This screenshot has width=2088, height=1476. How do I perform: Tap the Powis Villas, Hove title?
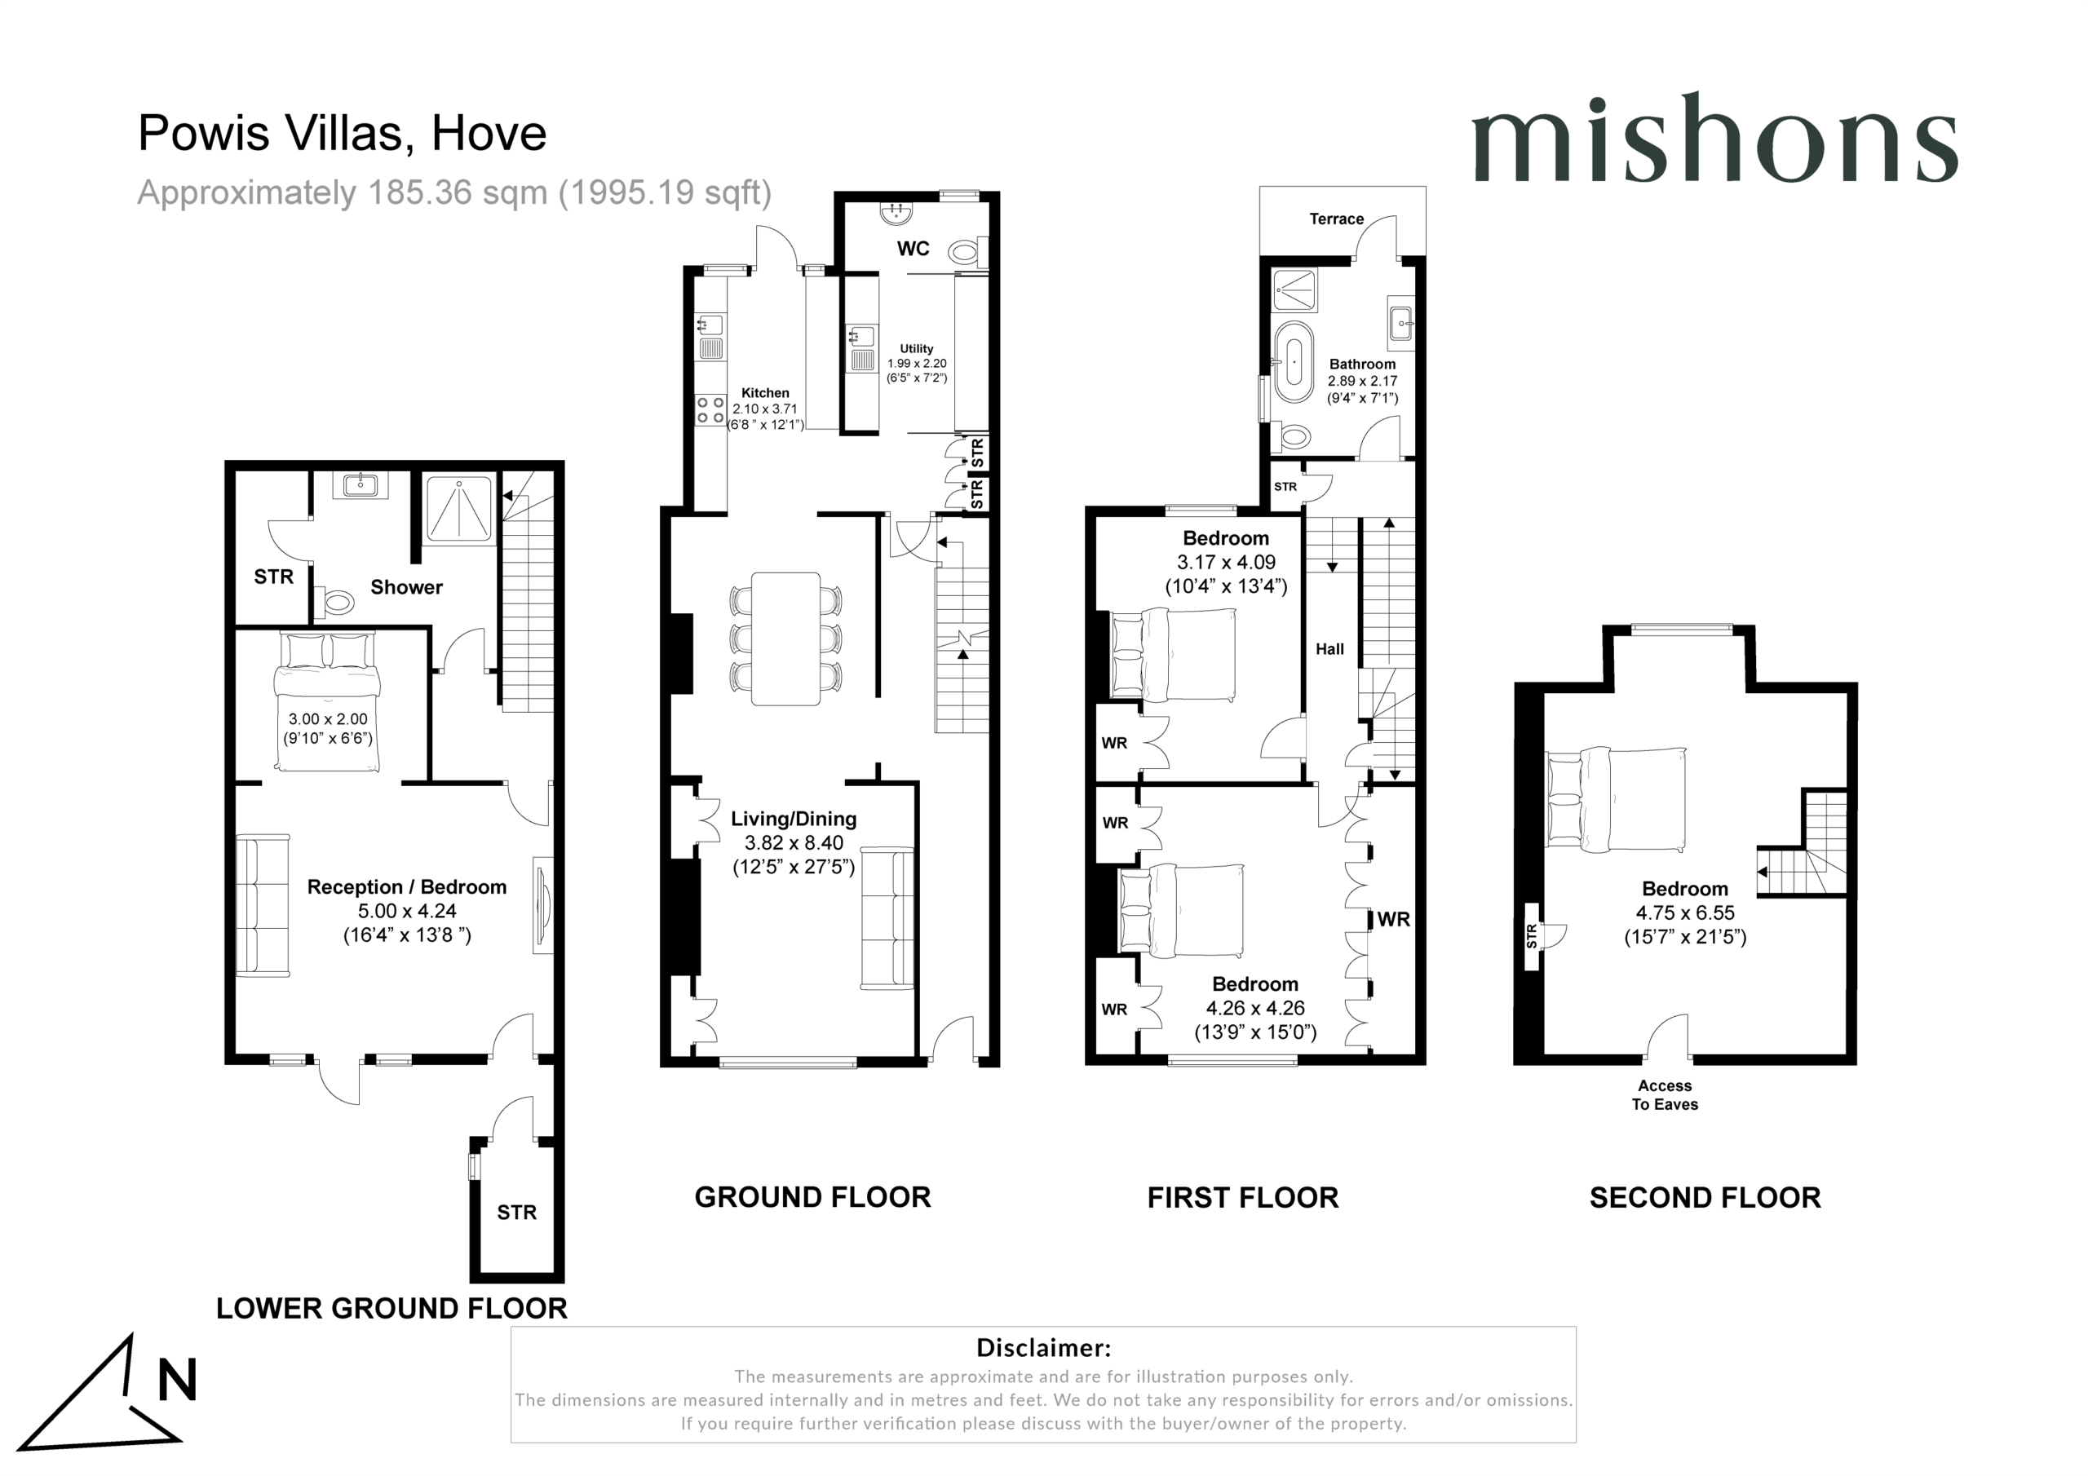pos(342,133)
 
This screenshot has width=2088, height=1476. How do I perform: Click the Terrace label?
pos(1336,219)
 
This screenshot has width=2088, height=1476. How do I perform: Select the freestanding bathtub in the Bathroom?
pos(1294,361)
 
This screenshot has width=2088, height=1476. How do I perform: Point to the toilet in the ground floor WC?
pos(964,251)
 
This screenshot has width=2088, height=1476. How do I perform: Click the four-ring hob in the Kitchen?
pos(710,410)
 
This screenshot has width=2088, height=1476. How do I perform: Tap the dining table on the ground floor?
pos(785,639)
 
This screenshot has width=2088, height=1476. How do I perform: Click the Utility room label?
pos(917,348)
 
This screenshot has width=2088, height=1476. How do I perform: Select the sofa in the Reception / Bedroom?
pos(263,905)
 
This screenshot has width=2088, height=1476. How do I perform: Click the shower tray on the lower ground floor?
pos(460,506)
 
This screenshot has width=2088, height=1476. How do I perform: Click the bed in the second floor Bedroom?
pos(1616,798)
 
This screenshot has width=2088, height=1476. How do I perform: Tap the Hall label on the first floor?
pos(1329,649)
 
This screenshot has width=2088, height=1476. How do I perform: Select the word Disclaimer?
pos(1043,1348)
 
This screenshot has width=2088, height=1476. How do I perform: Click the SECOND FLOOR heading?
pos(1705,1198)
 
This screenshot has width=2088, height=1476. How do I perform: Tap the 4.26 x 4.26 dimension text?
pos(1255,1008)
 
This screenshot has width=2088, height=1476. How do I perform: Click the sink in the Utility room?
pos(861,348)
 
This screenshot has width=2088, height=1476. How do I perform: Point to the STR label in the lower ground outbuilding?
pos(516,1213)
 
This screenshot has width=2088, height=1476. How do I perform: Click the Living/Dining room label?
pos(794,819)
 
